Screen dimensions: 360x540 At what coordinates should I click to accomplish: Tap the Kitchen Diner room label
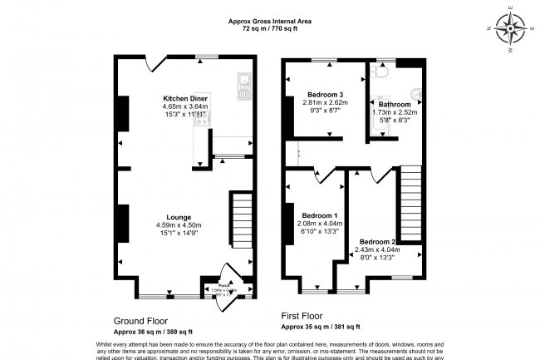pyautogui.click(x=184, y=99)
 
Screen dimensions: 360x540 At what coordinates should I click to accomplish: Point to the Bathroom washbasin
pyautogui.click(x=415, y=94)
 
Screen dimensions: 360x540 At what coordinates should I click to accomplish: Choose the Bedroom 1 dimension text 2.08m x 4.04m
pyautogui.click(x=318, y=224)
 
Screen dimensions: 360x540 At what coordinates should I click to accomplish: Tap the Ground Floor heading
pyautogui.click(x=140, y=319)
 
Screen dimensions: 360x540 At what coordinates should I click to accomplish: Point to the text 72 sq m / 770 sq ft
pyautogui.click(x=270, y=28)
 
